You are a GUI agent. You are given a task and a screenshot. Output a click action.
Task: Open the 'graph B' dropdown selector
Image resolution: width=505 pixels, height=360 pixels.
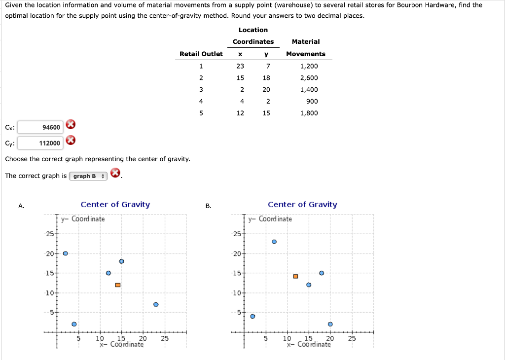89,176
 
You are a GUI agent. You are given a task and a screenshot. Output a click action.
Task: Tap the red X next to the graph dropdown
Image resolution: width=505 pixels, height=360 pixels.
115,173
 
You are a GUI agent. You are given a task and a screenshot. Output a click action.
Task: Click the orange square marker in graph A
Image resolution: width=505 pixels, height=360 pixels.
118,285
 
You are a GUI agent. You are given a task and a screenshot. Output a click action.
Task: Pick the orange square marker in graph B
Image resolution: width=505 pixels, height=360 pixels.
295,276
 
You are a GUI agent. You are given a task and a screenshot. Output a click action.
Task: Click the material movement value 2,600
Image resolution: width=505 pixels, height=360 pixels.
309,78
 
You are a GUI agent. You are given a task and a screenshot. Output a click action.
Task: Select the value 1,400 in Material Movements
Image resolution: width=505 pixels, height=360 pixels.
309,90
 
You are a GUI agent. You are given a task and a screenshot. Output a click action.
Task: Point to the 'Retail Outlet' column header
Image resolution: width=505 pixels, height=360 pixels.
201,54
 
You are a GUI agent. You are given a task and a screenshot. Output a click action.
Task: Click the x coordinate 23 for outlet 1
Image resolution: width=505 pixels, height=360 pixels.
240,66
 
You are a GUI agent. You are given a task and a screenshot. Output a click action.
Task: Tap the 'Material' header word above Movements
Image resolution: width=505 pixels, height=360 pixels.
306,42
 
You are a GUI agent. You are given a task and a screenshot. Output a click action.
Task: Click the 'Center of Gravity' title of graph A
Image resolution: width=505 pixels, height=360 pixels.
115,205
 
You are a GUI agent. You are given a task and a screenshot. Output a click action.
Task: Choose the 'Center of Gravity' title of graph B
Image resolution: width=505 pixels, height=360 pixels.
302,205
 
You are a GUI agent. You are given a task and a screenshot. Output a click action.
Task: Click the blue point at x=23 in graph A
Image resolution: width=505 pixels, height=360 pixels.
156,305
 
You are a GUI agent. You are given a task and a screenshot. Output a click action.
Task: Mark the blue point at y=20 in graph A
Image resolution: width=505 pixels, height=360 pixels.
65,253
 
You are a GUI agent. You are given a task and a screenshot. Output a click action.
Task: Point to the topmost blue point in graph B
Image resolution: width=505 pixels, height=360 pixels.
274,242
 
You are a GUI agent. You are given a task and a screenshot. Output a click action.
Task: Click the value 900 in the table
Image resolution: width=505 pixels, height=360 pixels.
312,102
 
